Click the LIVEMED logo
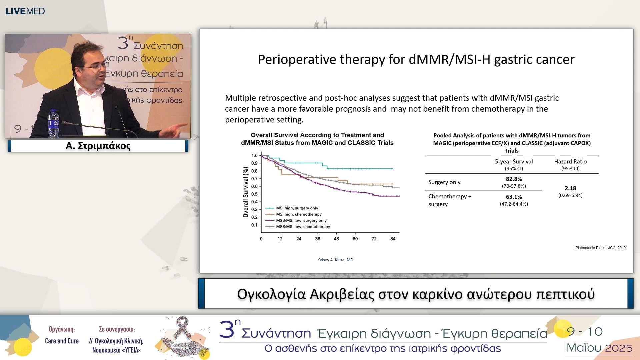coord(25,11)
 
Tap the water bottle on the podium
coord(53,124)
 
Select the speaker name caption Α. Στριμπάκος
coord(98,146)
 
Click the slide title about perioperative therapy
coord(416,60)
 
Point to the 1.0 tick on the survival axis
coord(254,155)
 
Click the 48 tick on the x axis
coord(336,239)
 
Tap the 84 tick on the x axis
coord(393,239)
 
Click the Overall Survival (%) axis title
coord(246,192)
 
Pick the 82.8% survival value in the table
coord(514,179)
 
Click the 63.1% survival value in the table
coord(514,197)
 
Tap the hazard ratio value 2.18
coord(570,188)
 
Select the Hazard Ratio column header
coord(570,161)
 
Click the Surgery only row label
coord(444,182)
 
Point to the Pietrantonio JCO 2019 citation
coord(601,248)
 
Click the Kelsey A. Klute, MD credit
coord(335,260)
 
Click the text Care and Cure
coord(62,341)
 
